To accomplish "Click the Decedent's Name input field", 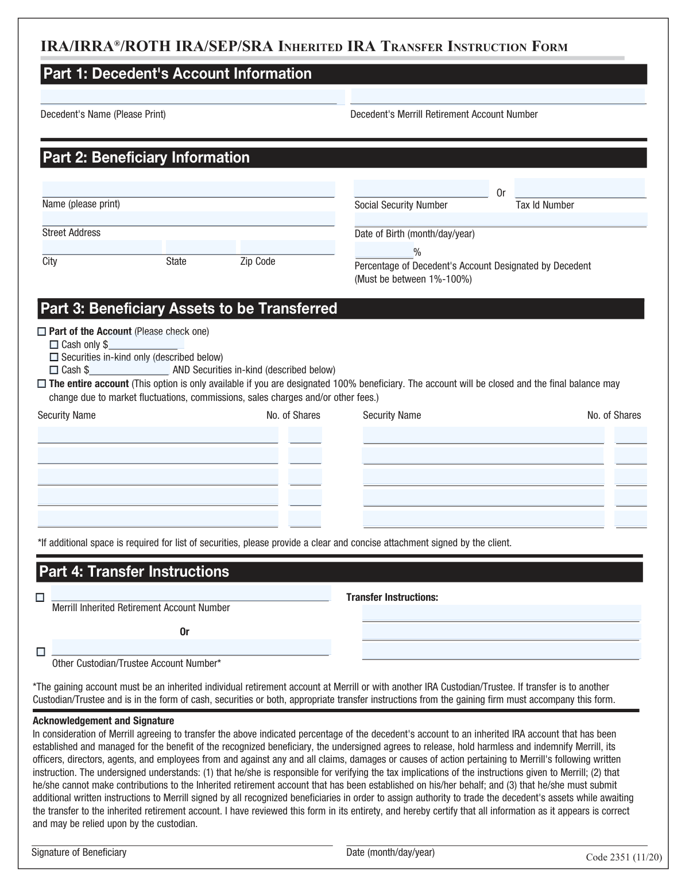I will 192,97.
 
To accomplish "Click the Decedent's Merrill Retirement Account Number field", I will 498,96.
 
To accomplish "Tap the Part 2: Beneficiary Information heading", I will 146,158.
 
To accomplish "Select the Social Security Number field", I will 421,189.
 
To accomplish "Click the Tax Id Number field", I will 580,188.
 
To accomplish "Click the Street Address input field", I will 188,219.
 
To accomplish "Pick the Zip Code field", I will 287,248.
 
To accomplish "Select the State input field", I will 200,248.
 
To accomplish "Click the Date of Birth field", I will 501,220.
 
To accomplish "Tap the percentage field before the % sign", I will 384,250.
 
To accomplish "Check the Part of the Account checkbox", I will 41,332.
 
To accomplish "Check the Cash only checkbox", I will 54,345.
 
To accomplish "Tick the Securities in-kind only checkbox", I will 54,357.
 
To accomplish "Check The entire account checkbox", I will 41,384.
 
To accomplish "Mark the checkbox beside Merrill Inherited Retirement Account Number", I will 40,597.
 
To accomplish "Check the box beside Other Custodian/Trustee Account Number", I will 41,652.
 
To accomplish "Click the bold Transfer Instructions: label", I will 392,597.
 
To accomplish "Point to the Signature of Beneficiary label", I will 79,852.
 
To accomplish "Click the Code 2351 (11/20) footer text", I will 624,858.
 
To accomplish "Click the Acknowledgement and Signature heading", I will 103,721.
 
